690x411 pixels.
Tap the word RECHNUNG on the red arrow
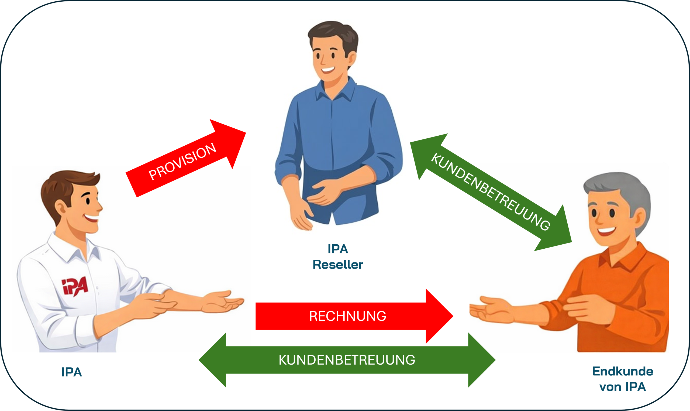pos(347,316)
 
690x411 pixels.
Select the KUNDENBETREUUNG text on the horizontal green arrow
pos(347,360)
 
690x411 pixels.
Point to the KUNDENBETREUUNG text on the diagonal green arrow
pos(490,192)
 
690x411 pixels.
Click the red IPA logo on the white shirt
pos(74,286)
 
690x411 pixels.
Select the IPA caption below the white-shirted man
pos(71,372)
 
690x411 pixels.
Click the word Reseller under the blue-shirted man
pos(338,265)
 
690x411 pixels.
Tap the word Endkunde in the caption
pos(622,371)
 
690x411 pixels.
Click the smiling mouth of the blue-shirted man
pos(328,69)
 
